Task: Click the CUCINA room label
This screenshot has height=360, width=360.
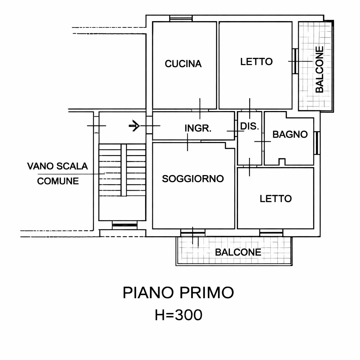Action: pyautogui.click(x=183, y=64)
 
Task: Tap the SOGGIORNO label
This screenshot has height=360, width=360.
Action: pyautogui.click(x=193, y=179)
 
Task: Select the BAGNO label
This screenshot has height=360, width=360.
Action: pyautogui.click(x=290, y=134)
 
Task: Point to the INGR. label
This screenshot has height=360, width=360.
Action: pyautogui.click(x=198, y=128)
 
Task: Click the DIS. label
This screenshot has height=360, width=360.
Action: pyautogui.click(x=249, y=126)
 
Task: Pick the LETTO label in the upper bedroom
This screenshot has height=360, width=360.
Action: pyautogui.click(x=256, y=62)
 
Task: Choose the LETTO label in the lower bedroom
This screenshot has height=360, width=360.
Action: pyautogui.click(x=276, y=199)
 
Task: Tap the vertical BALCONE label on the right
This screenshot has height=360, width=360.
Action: pyautogui.click(x=319, y=69)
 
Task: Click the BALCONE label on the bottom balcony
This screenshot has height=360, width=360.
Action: pyautogui.click(x=238, y=252)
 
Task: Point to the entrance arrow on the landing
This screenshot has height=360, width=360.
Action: pyautogui.click(x=134, y=126)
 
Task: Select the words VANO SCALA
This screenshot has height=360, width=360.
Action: pyautogui.click(x=57, y=166)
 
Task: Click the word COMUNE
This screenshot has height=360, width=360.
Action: pyautogui.click(x=58, y=181)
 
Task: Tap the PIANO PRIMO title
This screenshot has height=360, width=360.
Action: pyautogui.click(x=178, y=292)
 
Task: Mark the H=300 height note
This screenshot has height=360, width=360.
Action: pyautogui.click(x=178, y=315)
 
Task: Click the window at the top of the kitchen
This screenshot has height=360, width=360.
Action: pyautogui.click(x=181, y=18)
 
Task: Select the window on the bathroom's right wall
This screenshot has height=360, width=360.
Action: pyautogui.click(x=317, y=143)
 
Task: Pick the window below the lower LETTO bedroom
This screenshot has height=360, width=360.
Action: pyautogui.click(x=271, y=233)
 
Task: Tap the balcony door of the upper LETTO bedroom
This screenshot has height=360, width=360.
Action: pyautogui.click(x=295, y=61)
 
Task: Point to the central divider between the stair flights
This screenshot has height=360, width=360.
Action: pyautogui.click(x=124, y=170)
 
